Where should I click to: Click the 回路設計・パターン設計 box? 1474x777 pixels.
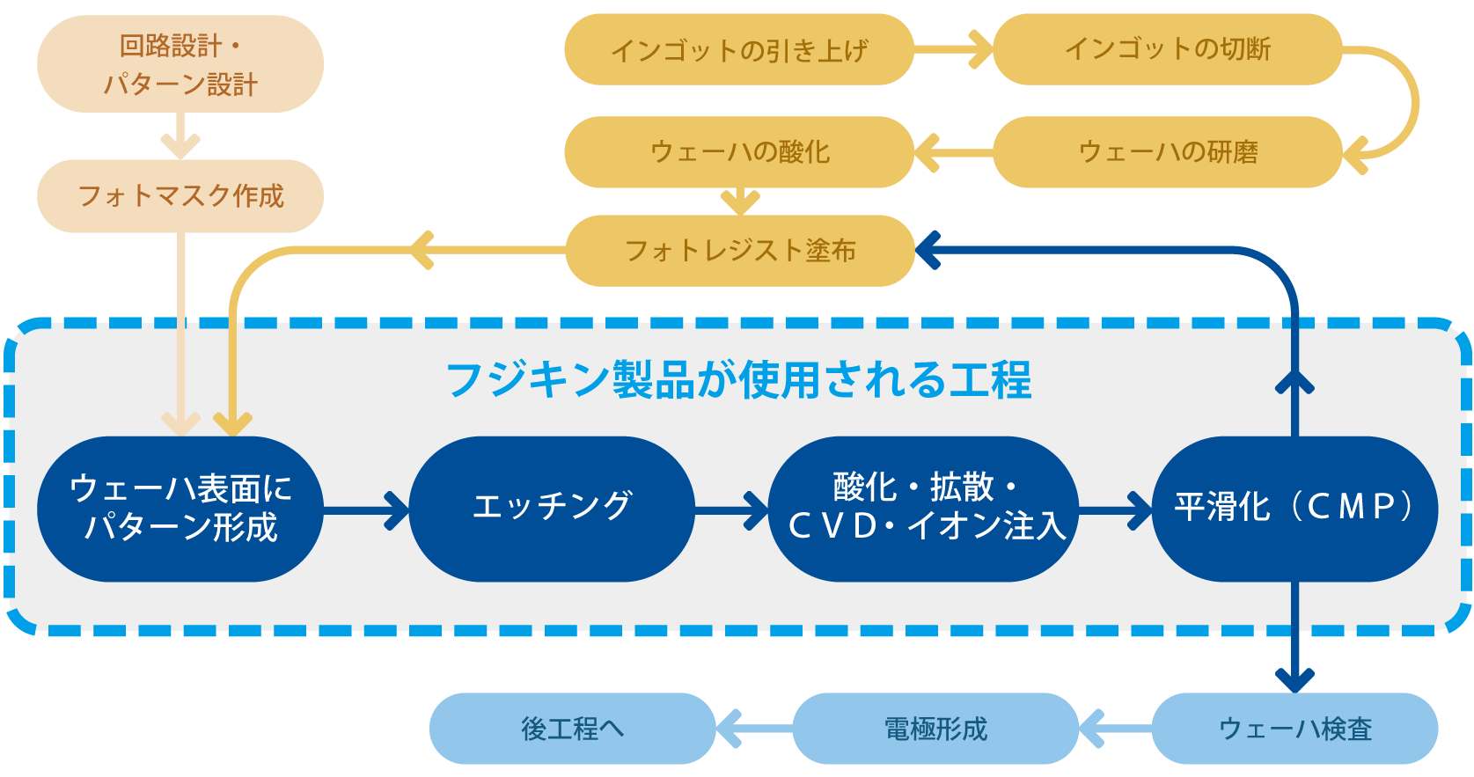coord(180,64)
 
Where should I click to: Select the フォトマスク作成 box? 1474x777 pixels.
coord(180,195)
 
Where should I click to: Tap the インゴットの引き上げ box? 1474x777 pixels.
coord(738,49)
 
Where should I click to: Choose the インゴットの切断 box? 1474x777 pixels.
coord(1167,49)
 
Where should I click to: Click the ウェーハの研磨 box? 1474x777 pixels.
coord(1167,151)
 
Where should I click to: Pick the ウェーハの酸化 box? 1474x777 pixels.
coord(738,151)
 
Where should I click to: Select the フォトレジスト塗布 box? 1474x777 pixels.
coord(738,251)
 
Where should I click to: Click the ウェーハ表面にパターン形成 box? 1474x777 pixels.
coord(180,509)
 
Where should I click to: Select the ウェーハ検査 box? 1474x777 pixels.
coord(1294,729)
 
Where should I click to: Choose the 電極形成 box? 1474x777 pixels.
coord(935,729)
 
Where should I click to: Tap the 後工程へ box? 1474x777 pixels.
coord(571,729)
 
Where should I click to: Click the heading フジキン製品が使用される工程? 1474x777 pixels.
coord(738,380)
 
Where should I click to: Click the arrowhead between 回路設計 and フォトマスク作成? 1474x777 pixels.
coord(180,146)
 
